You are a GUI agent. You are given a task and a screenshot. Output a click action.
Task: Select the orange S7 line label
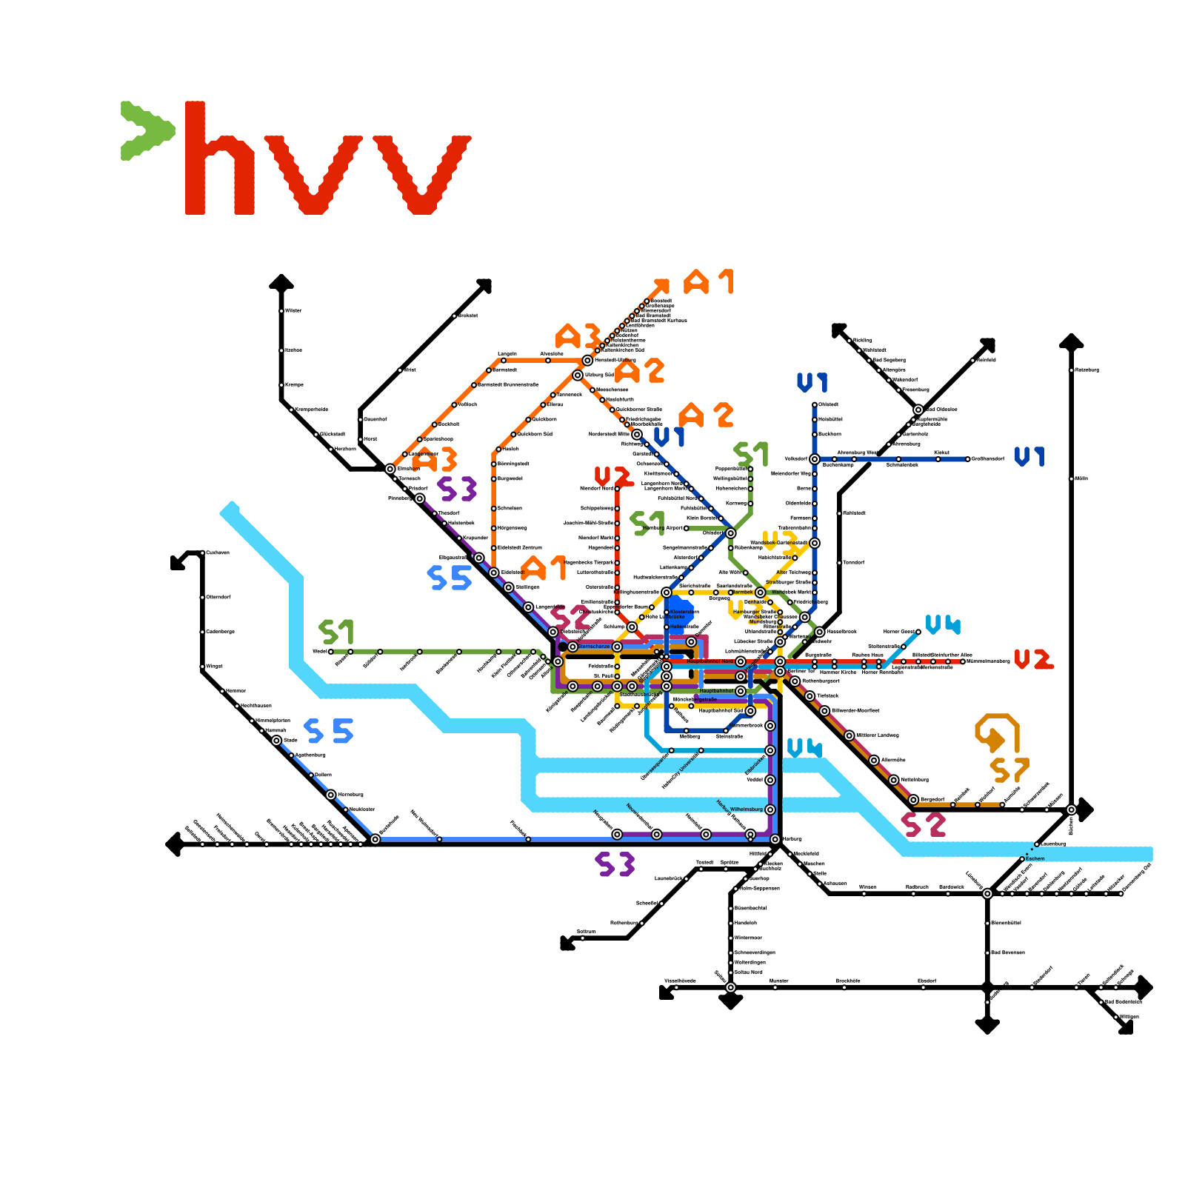[1009, 770]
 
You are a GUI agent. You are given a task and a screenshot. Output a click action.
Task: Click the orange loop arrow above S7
[996, 731]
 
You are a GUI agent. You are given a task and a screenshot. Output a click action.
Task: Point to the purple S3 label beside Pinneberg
[457, 490]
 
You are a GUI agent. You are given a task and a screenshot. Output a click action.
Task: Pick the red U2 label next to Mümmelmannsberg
[1033, 659]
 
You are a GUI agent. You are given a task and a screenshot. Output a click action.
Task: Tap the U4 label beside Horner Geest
[942, 625]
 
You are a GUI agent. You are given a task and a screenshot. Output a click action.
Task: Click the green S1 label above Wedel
[336, 632]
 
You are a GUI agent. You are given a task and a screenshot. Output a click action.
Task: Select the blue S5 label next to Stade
[329, 731]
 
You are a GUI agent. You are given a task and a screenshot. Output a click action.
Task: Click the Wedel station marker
[331, 652]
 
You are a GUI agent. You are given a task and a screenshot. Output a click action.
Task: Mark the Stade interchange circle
[276, 741]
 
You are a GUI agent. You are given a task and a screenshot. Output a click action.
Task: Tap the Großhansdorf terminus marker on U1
[967, 459]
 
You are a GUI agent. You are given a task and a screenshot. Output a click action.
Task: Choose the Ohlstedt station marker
[815, 404]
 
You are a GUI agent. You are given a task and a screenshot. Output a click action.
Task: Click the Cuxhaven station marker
[202, 553]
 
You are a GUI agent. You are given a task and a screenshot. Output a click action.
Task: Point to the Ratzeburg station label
[1087, 370]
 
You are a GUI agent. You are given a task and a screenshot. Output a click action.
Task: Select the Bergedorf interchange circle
[913, 800]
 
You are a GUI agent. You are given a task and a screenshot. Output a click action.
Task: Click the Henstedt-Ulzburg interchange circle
[587, 360]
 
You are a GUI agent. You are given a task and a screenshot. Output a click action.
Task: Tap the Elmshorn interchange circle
[390, 469]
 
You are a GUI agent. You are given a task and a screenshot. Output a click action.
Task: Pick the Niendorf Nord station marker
[617, 489]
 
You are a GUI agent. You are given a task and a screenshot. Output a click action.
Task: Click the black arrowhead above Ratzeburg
[1071, 341]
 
